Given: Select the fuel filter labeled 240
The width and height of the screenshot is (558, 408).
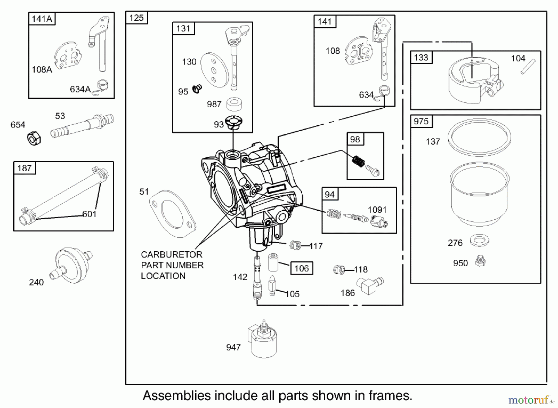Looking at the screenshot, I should [71, 265].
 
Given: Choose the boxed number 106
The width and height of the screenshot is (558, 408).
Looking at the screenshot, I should [302, 268].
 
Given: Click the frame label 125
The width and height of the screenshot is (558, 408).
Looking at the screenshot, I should [136, 18].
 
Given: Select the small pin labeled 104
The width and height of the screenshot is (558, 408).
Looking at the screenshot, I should [528, 66].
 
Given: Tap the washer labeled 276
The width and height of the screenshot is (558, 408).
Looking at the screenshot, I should [479, 240].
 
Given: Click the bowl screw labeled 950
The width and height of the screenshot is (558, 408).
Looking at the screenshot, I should [480, 261].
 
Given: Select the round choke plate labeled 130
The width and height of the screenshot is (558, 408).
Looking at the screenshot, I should [215, 70].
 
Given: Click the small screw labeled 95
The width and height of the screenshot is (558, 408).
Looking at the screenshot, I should [197, 89].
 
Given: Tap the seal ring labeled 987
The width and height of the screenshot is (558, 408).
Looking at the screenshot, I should [234, 104].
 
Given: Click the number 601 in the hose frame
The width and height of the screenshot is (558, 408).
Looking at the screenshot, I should [89, 214].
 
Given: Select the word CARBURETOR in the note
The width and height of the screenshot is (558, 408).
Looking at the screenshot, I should [171, 255].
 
